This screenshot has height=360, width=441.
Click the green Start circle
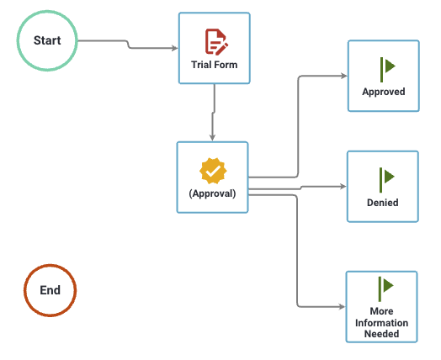coord(48,40)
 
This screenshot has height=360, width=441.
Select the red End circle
coord(50,290)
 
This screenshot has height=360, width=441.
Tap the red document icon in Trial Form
coord(215,41)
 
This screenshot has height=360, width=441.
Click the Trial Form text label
coord(214,64)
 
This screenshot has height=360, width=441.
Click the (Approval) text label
coord(212,193)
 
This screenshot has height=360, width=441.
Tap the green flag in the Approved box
coord(386,67)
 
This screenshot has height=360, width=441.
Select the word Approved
coord(383,92)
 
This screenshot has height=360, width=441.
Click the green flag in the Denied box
coord(386,177)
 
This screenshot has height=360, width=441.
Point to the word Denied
coord(383,202)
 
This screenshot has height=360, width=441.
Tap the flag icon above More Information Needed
coord(386,286)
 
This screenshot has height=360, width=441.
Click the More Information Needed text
coord(382,323)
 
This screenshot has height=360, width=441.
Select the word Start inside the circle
coord(48,40)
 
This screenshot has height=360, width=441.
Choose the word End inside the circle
coord(50,290)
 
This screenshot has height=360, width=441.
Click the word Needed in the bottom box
coord(382,334)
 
